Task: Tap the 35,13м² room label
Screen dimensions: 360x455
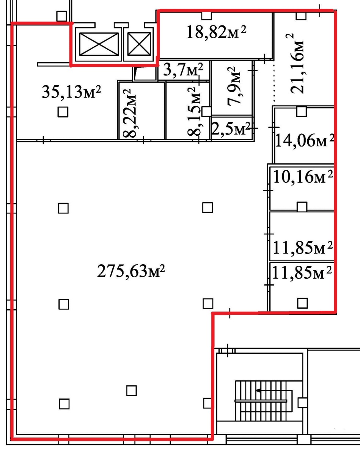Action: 71,92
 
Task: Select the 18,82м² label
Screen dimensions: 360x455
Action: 216,32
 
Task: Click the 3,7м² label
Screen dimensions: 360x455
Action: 183,70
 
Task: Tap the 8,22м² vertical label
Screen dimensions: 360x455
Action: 129,113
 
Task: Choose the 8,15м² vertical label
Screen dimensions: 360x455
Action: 194,111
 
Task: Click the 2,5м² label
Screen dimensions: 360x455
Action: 231,129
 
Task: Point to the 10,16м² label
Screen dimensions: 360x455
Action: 303,177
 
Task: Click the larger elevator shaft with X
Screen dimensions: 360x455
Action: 99,44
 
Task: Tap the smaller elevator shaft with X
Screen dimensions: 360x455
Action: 139,44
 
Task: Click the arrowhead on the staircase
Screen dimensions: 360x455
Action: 259,390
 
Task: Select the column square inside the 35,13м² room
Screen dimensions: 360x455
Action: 63,112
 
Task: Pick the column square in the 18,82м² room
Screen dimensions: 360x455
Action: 206,16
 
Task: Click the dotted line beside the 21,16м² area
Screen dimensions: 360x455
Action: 274,83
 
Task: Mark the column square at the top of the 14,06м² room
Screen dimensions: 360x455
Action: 302,111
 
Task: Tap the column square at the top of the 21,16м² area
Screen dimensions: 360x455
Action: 301,16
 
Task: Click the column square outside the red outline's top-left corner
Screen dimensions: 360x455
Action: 61,16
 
